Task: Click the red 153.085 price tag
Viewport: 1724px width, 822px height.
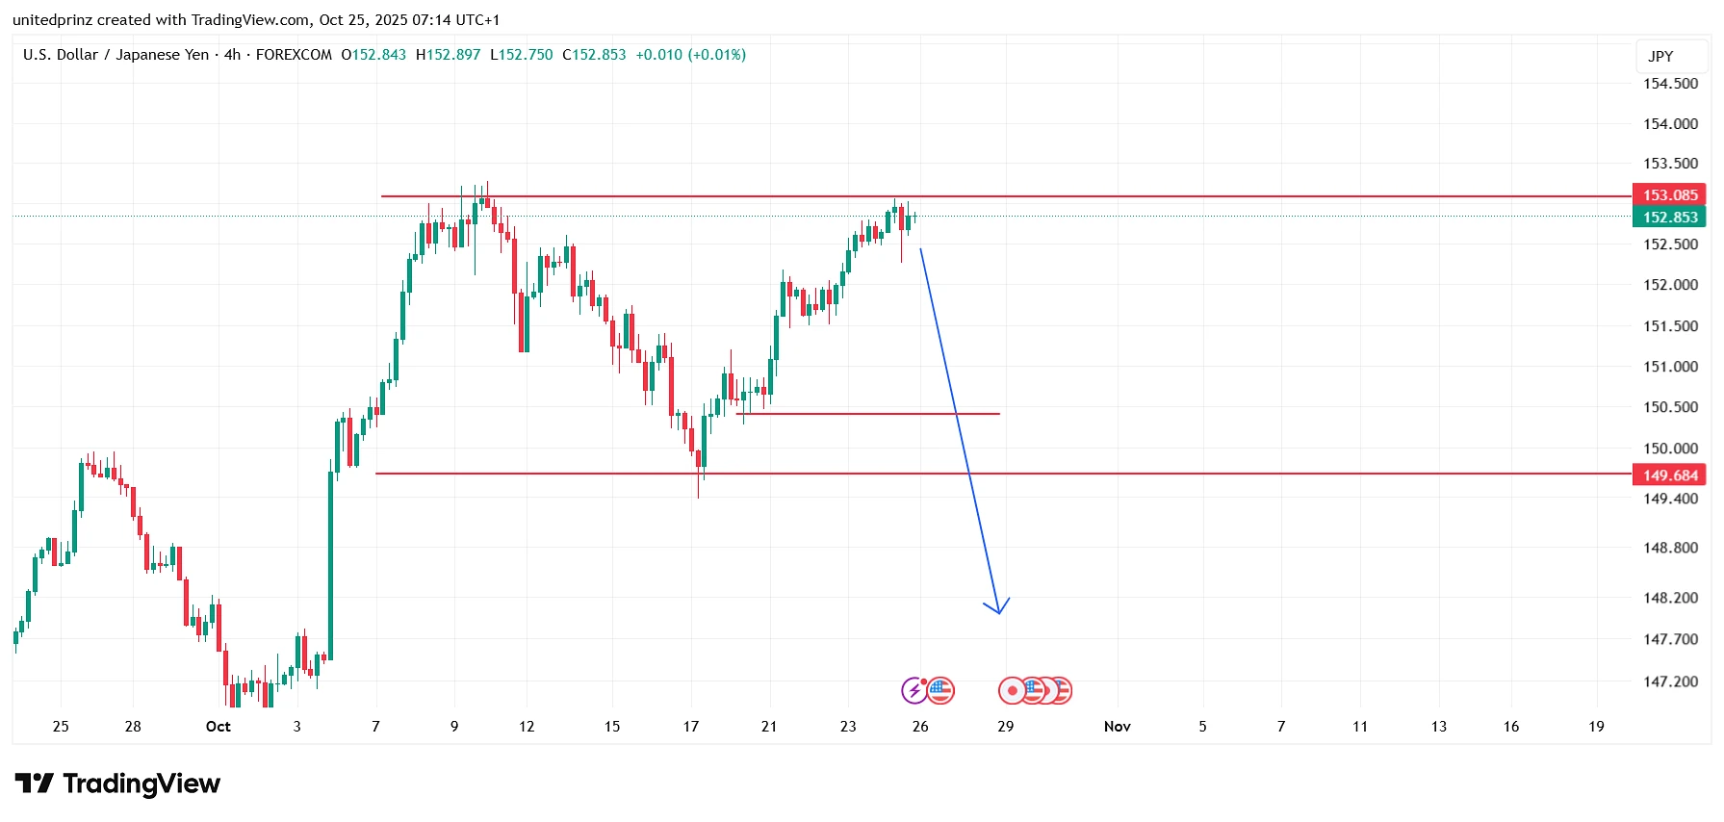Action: coord(1669,195)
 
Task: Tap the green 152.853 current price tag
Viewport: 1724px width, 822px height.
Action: coord(1669,218)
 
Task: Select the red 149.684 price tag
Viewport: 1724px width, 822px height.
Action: coord(1669,475)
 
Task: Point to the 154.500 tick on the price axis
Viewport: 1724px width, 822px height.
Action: coord(1670,84)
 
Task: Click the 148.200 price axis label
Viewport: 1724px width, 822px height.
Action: coord(1670,598)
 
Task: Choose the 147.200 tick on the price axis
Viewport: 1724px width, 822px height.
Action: coord(1670,681)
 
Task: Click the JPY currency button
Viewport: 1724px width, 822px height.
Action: coord(1660,57)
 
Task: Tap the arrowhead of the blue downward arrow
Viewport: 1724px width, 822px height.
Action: coord(999,609)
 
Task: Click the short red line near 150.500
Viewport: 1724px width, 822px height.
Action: coord(866,414)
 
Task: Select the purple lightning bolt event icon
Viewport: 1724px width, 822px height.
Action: coord(913,690)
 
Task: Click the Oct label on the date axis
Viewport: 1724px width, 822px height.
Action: coord(219,727)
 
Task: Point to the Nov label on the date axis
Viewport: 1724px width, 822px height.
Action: coord(1117,727)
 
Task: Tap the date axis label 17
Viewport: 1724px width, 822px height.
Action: coord(691,727)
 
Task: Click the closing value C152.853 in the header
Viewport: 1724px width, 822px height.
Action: coord(594,55)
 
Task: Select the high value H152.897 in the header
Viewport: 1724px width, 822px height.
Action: coord(448,55)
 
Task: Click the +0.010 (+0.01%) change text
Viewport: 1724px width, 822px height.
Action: coord(690,55)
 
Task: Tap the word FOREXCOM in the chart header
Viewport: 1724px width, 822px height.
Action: coord(294,55)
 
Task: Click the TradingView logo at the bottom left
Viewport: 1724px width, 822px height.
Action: coord(117,784)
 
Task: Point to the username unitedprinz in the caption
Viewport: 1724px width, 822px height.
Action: coord(52,20)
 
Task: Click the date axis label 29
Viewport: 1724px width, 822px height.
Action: coord(1005,727)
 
